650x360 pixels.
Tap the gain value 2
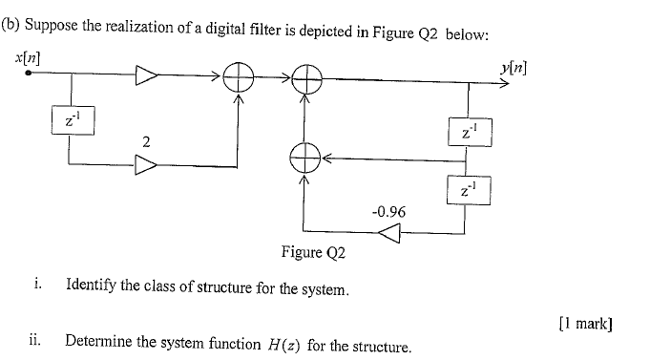click(x=145, y=141)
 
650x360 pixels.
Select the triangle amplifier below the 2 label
click(x=146, y=165)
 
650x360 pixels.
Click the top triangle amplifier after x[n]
click(x=147, y=76)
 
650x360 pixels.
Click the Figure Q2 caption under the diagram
click(x=313, y=253)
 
